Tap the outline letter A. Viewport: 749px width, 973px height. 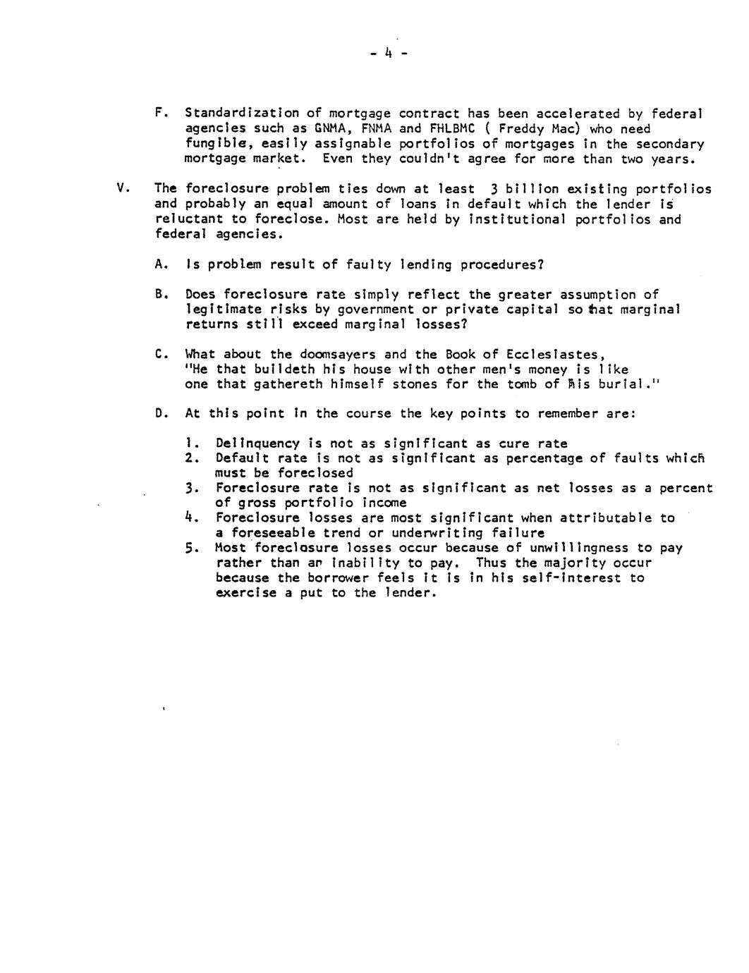click(x=160, y=264)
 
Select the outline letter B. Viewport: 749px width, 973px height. click(x=160, y=294)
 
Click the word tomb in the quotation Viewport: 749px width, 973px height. click(x=522, y=384)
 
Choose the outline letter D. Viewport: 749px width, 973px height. click(x=160, y=413)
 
